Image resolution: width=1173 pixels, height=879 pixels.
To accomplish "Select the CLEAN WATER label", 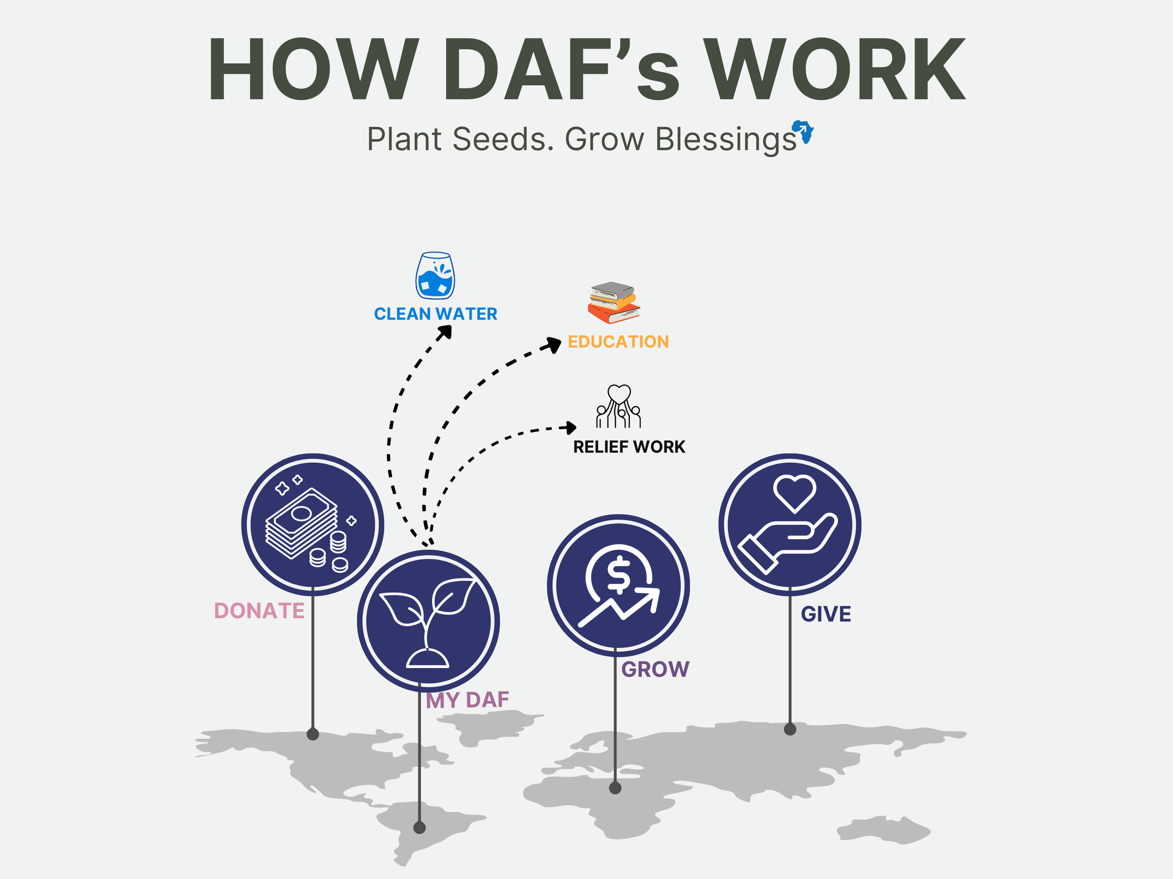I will click(435, 314).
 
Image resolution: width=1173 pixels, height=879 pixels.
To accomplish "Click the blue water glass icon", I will click(435, 276).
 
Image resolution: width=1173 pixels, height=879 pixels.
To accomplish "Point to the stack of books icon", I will click(614, 302).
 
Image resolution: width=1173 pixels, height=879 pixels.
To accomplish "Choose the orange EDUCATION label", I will click(618, 342).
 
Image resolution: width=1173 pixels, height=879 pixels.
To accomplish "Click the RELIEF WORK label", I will click(629, 447).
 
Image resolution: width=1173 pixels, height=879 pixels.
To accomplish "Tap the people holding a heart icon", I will click(618, 406).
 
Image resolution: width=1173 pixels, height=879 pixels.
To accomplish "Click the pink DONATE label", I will click(259, 611).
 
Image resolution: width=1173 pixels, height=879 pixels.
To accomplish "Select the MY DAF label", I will click(467, 700).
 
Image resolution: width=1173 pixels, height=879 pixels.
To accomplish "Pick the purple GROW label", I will click(655, 669).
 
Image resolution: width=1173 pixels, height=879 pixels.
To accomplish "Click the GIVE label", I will click(826, 614).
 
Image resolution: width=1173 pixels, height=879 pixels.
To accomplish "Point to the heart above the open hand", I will click(794, 492).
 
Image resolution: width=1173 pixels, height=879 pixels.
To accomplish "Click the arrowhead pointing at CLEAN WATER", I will click(445, 332).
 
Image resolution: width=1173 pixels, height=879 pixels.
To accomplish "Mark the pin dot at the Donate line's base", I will click(313, 734).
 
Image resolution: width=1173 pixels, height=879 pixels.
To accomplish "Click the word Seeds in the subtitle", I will click(503, 139).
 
